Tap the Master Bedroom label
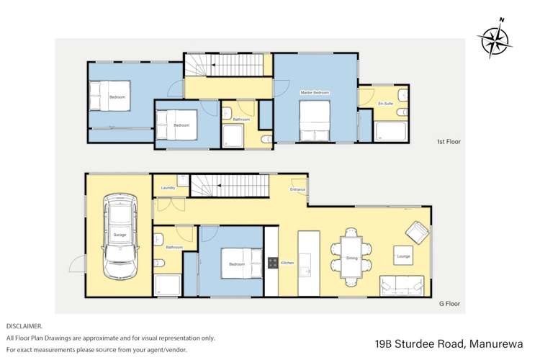pyautogui.click(x=315, y=93)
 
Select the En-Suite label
pyautogui.click(x=385, y=104)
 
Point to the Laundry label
pyautogui.click(x=168, y=188)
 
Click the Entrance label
pyautogui.click(x=297, y=190)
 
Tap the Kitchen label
pyautogui.click(x=287, y=263)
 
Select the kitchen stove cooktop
pyautogui.click(x=273, y=263)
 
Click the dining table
pyautogui.click(x=352, y=257)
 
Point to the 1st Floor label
pyautogui.click(x=449, y=142)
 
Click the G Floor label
pyautogui.click(x=449, y=304)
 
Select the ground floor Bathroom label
pyautogui.click(x=174, y=247)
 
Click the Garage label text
pyautogui.click(x=120, y=235)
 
